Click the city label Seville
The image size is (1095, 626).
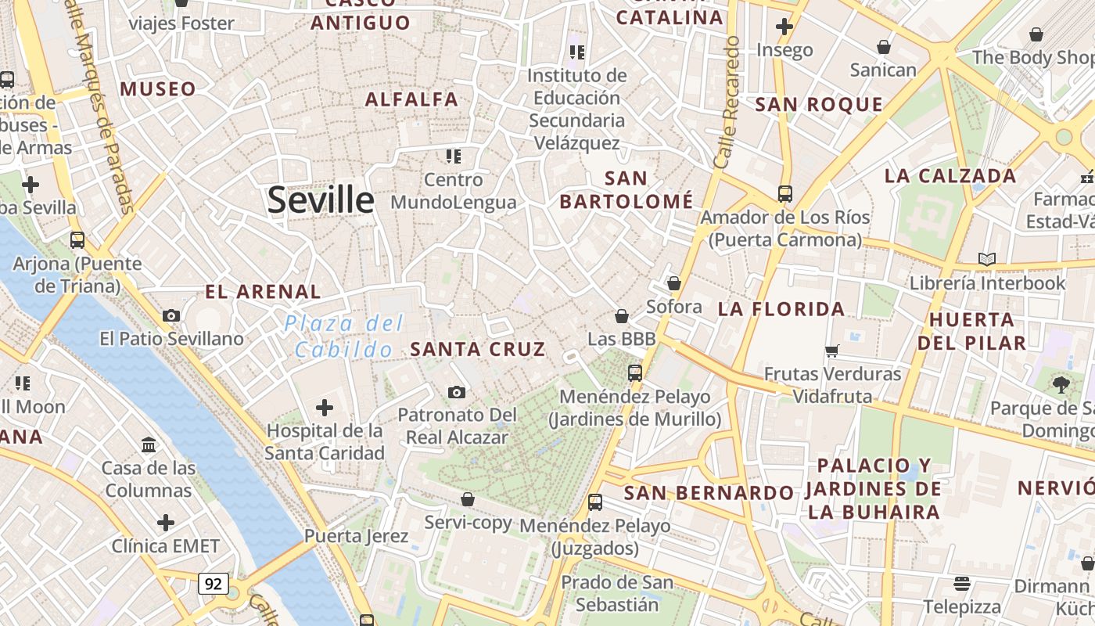321,200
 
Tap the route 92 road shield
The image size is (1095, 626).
213,583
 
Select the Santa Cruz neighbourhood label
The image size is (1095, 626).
477,350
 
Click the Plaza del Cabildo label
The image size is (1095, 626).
344,336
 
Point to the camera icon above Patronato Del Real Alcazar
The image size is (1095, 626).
457,391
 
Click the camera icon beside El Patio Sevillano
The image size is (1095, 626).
171,315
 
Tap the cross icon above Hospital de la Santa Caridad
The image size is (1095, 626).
324,407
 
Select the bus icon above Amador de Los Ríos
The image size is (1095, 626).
785,193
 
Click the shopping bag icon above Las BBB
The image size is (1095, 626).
622,316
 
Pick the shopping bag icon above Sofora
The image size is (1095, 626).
674,283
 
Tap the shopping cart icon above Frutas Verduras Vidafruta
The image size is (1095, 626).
832,351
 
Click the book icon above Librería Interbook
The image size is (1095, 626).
987,259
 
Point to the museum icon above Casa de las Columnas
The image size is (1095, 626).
149,445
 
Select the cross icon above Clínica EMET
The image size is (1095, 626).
166,522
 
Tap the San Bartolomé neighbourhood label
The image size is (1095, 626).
626,190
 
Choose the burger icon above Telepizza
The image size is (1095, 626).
962,583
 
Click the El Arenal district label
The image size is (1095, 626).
263,292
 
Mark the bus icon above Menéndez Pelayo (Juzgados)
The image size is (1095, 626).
595,502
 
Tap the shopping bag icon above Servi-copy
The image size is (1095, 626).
468,498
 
